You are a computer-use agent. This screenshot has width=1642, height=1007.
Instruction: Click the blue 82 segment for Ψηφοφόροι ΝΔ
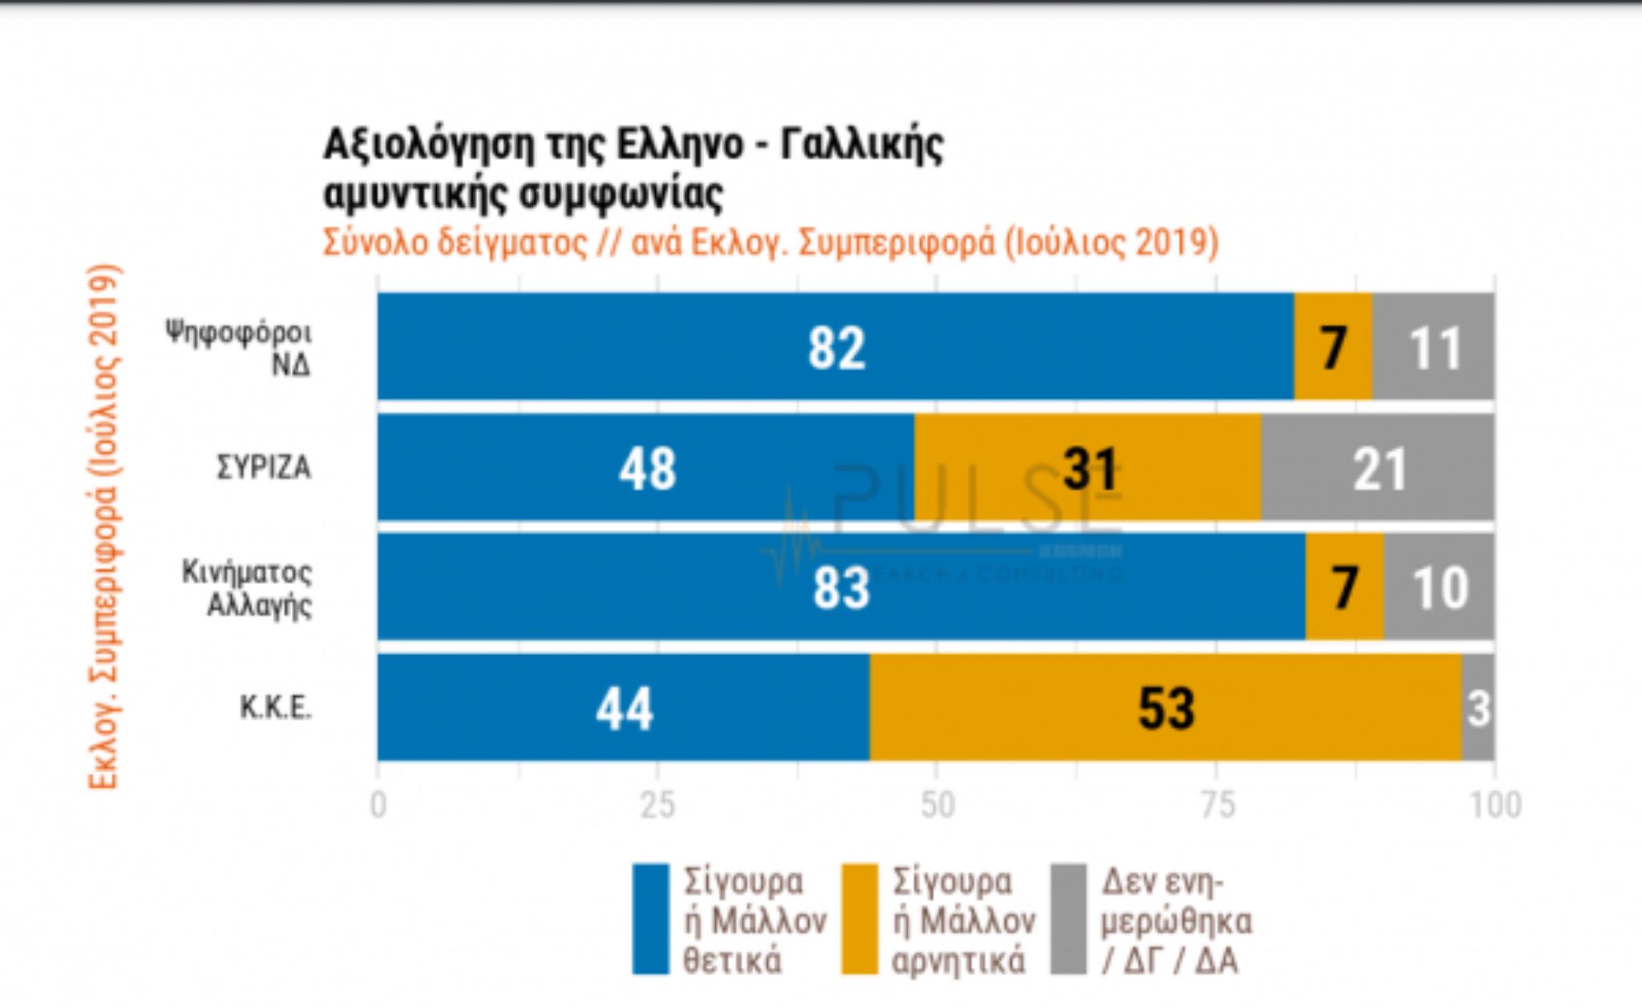coord(835,346)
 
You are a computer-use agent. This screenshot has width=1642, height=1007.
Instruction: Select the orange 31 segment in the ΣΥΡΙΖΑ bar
coord(1088,467)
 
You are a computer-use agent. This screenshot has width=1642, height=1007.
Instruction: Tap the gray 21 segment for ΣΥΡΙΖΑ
coord(1377,467)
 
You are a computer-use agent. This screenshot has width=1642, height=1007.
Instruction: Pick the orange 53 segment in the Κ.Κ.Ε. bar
coord(1166,707)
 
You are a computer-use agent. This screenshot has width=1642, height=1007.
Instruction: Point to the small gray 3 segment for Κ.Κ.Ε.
coord(1478,707)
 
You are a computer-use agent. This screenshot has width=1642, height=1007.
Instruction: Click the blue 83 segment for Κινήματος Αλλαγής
coord(841,587)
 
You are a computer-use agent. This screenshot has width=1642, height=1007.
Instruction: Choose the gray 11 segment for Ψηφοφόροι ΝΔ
coord(1434,346)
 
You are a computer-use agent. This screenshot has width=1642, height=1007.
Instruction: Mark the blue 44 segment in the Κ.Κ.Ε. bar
coord(624,707)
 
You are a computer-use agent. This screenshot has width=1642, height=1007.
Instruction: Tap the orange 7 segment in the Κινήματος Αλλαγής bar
coord(1345,587)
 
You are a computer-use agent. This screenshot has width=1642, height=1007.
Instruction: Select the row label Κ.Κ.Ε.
coord(275,708)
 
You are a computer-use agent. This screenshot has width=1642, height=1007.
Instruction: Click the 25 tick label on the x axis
coord(657,805)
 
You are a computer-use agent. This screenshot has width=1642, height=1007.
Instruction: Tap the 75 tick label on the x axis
coord(1216,805)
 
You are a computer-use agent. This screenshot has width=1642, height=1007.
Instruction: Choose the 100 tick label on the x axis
coord(1494,805)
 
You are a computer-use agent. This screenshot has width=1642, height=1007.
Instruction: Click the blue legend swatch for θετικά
coord(650,919)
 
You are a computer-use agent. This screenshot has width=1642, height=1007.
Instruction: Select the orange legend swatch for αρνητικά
coord(859,919)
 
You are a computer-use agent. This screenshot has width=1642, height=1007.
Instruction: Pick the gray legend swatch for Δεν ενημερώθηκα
coord(1069,919)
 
